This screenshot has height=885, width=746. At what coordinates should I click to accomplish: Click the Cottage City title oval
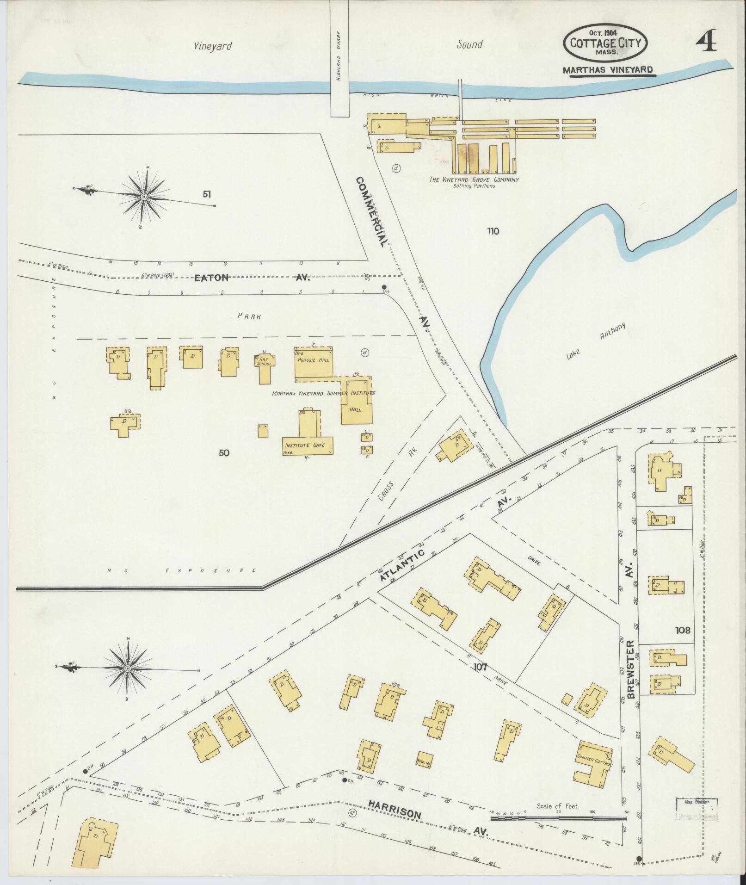pyautogui.click(x=605, y=43)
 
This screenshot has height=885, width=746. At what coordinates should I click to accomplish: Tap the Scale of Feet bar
pyautogui.click(x=558, y=818)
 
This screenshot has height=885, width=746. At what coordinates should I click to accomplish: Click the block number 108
pyautogui.click(x=682, y=630)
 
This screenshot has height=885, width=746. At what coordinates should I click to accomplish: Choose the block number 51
pyautogui.click(x=207, y=194)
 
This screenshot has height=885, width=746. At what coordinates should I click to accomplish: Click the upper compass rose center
pyautogui.click(x=144, y=197)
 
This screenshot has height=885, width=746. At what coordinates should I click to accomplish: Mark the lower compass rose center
pyautogui.click(x=127, y=669)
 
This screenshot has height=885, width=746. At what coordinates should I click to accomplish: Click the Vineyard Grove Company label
pyautogui.click(x=474, y=179)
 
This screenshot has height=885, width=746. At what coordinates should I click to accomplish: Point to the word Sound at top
pyautogui.click(x=469, y=44)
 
